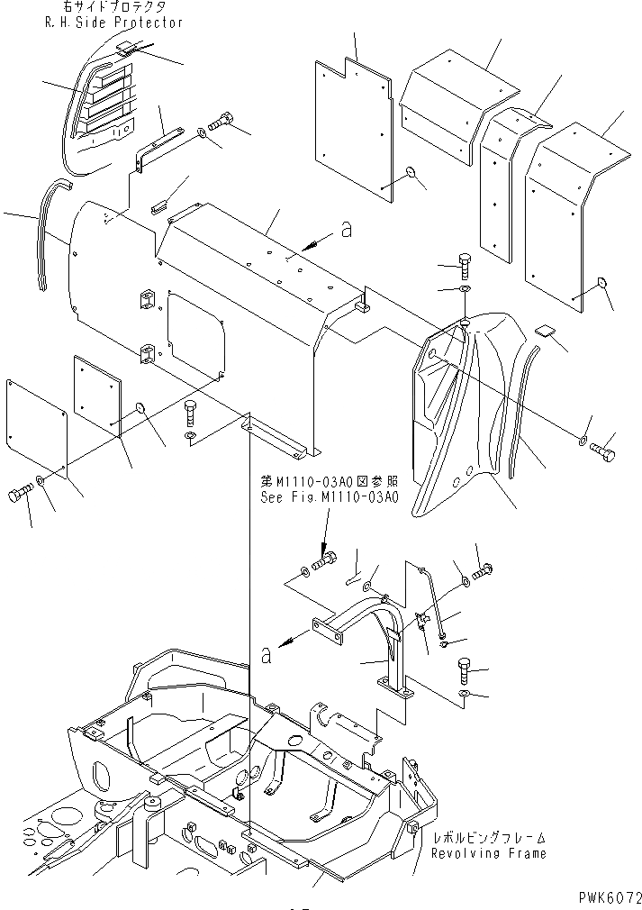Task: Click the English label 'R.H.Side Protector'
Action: click(113, 23)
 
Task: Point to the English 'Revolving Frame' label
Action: click(488, 853)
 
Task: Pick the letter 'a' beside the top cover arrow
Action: click(346, 232)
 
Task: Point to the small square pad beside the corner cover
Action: click(544, 331)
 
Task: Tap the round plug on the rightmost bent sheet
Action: click(601, 286)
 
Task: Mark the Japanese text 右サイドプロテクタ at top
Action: click(115, 7)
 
